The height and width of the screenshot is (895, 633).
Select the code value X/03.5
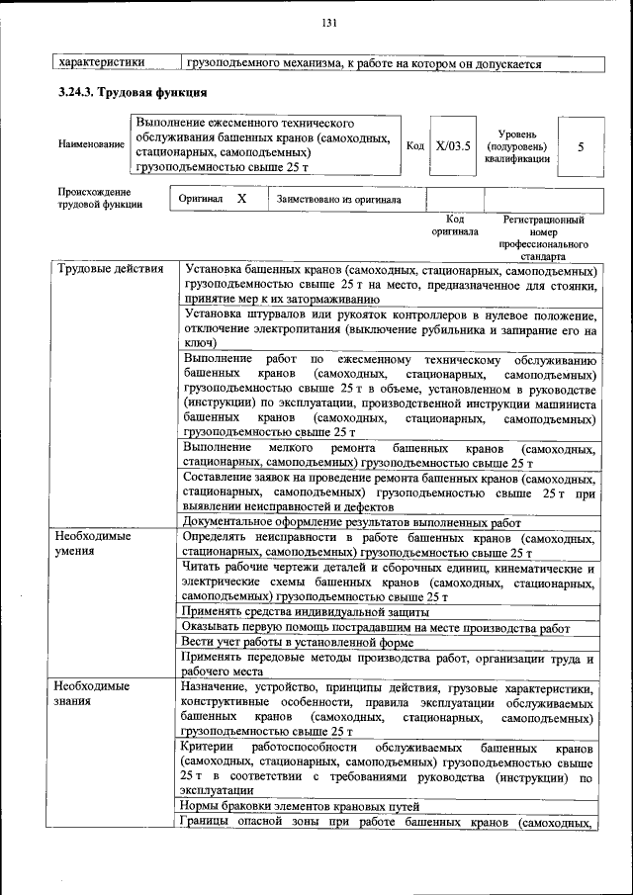coord(454,146)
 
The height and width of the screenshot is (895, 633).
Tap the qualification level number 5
coord(581,146)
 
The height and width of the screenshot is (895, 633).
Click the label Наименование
coord(91,144)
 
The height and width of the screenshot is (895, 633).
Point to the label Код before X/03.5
coord(415,146)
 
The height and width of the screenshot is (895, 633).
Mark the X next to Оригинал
coord(241,199)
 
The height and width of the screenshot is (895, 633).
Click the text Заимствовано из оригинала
coord(339,200)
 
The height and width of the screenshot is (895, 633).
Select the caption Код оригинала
coord(455,224)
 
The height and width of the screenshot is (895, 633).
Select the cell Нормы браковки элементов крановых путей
coord(302,806)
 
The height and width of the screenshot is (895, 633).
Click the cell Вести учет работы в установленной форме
coord(298,643)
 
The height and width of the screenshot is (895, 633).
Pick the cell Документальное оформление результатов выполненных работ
coord(352,522)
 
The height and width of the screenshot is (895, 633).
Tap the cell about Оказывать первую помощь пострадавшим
coord(376,627)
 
